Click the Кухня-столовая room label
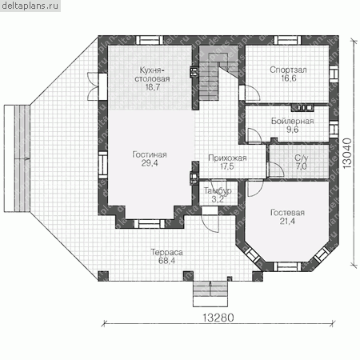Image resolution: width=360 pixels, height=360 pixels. pyautogui.click(x=152, y=74)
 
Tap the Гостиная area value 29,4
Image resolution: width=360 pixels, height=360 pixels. pyautogui.click(x=150, y=163)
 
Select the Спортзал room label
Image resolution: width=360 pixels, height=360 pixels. pyautogui.click(x=288, y=70)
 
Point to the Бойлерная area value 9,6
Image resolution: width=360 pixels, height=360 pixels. pyautogui.click(x=293, y=130)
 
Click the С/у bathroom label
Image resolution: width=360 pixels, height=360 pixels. pyautogui.click(x=302, y=158)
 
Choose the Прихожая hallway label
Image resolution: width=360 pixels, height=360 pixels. pyautogui.click(x=227, y=158)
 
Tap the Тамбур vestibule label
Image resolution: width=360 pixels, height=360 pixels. pyautogui.click(x=218, y=190)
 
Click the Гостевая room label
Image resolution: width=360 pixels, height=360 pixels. pyautogui.click(x=287, y=213)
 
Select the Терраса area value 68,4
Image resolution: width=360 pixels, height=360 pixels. pyautogui.click(x=166, y=261)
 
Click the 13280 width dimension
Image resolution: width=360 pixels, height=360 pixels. pyautogui.click(x=218, y=318)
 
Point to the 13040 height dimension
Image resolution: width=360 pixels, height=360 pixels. pyautogui.click(x=347, y=153)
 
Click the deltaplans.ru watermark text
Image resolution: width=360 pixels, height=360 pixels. pyautogui.click(x=30, y=6)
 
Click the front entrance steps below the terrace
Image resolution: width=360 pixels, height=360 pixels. pyautogui.click(x=210, y=294)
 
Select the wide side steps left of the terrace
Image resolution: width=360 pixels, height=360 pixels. pyautogui.click(x=17, y=158)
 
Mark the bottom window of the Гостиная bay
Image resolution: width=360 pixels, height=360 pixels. pyautogui.click(x=150, y=224)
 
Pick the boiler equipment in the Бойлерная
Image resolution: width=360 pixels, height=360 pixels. pyautogui.click(x=302, y=108)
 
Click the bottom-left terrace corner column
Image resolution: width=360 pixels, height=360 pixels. pyautogui.click(x=103, y=276)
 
